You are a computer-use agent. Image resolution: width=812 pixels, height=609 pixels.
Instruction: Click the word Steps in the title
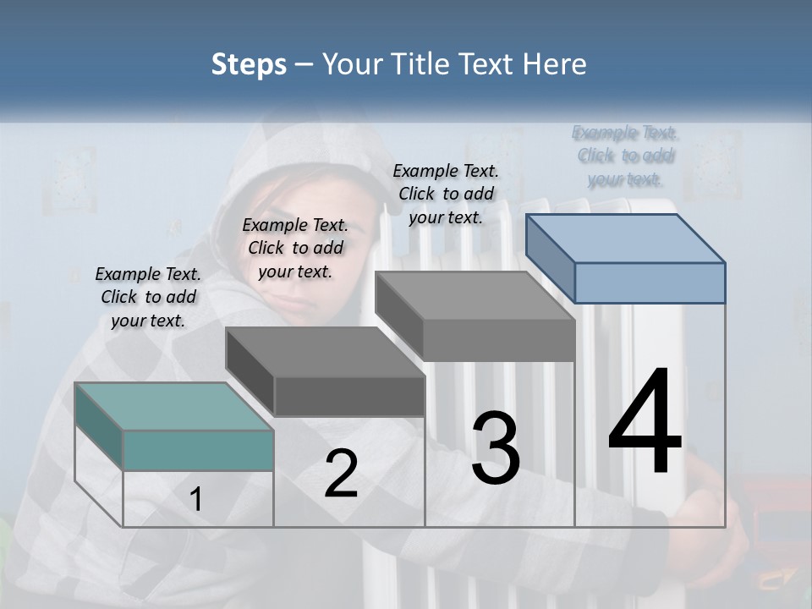248,65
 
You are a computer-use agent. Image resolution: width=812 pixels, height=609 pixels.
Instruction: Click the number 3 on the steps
496,448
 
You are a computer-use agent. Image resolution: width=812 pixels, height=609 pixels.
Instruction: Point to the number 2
341,474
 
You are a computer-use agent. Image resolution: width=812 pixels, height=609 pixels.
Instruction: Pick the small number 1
196,500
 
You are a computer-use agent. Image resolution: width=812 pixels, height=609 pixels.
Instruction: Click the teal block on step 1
173,427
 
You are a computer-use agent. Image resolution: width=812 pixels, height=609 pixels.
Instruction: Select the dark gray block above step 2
326,372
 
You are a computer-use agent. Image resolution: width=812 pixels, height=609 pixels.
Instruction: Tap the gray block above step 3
475,315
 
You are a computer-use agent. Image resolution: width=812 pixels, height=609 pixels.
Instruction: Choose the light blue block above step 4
626,258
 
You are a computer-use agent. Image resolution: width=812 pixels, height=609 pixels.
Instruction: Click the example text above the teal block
148,297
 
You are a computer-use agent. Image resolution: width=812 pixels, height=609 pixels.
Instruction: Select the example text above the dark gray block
295,248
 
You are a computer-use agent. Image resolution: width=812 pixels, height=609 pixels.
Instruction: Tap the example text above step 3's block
446,194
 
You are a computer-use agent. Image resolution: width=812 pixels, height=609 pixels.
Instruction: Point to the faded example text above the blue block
625,156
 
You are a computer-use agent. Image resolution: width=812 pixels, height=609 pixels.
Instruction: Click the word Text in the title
489,65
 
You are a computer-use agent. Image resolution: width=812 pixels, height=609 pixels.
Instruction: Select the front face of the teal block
198,450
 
